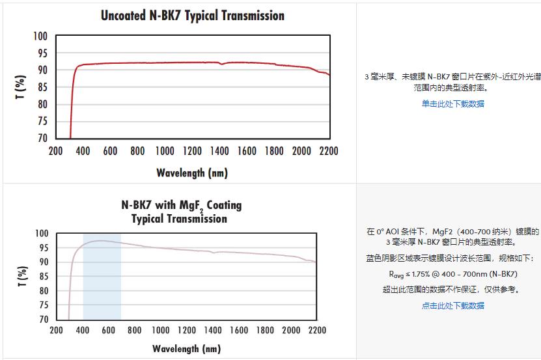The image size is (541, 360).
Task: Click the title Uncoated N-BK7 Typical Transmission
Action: point(192,15)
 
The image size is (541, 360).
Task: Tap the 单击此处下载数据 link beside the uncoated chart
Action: point(452,104)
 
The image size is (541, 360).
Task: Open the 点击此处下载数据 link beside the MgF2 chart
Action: point(452,305)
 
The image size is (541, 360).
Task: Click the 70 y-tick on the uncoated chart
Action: point(42,138)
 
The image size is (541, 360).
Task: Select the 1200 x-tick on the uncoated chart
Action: point(192,152)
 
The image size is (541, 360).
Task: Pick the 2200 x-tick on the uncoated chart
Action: point(329,152)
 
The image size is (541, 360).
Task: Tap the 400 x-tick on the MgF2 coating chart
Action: point(83,331)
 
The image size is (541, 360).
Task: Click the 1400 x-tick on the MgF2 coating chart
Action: point(212,331)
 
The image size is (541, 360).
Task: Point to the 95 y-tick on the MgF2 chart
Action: point(44,247)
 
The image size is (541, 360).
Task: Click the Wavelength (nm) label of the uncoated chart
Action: point(192,173)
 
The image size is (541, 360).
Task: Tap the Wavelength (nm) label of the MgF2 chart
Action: point(186,349)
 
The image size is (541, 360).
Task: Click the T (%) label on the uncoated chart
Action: point(20,87)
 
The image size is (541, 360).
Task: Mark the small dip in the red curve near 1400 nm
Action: point(222,64)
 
